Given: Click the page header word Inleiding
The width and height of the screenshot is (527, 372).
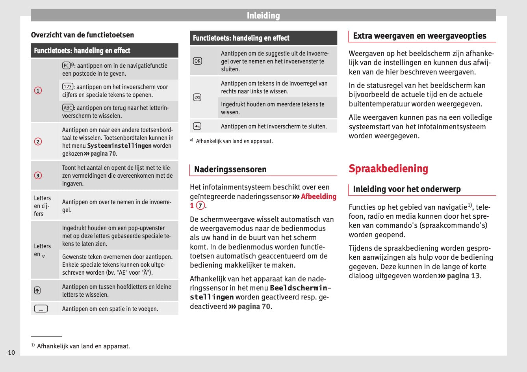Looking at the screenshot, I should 263,16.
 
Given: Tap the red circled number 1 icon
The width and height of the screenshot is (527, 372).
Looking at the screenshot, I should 38,91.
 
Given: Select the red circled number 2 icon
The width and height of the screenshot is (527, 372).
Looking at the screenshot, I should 38,141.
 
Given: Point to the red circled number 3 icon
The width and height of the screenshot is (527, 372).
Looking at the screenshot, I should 38,175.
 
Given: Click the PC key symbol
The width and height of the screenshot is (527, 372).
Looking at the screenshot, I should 66,66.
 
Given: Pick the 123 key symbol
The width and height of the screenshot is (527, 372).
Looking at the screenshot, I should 67,87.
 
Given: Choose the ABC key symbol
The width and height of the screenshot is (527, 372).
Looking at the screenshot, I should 68,108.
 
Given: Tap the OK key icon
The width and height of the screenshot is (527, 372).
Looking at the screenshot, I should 197,61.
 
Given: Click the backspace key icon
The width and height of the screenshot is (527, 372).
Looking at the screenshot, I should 197,98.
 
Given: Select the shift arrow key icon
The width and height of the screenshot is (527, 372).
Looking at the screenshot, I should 37,290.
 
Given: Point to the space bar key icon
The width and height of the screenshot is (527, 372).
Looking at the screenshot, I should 41,309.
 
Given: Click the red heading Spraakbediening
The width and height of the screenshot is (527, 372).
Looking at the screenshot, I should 388,169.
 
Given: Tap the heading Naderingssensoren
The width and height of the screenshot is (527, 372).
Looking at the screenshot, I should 230,169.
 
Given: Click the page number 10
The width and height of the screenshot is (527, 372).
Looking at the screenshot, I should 11,352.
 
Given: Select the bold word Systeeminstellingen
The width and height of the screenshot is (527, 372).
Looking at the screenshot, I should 119,146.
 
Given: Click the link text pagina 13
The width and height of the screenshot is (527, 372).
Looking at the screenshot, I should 463,276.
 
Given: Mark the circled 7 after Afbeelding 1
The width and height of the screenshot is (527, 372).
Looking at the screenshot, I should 200,206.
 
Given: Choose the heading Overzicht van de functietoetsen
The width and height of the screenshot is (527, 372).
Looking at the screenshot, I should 82,35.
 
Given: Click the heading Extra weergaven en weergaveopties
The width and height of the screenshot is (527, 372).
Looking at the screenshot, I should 419,36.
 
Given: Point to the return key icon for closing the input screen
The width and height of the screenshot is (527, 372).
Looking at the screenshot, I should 197,126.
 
